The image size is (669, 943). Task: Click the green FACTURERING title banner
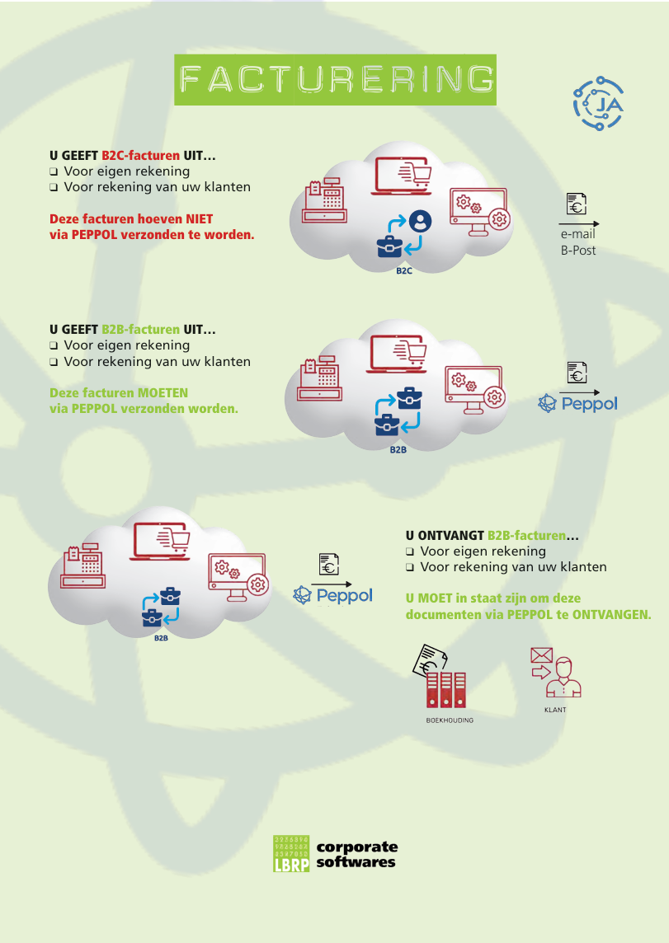[x=335, y=79]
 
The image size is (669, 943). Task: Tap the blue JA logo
[x=597, y=104]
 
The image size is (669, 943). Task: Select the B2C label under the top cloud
[x=403, y=270]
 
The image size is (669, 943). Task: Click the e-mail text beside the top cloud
[x=577, y=235]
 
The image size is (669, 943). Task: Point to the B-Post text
[x=577, y=250]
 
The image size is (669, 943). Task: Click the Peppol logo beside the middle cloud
[x=577, y=404]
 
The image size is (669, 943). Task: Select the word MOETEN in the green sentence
[x=163, y=393]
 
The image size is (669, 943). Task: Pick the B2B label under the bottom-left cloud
[x=160, y=637]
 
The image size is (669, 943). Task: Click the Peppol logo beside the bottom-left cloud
[x=333, y=594]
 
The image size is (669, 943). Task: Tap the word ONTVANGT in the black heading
[x=450, y=536]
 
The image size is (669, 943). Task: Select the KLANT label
[x=555, y=710]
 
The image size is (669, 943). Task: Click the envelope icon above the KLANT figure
[x=541, y=655]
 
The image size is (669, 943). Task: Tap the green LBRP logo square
[x=291, y=853]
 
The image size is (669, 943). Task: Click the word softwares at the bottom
[x=356, y=862]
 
